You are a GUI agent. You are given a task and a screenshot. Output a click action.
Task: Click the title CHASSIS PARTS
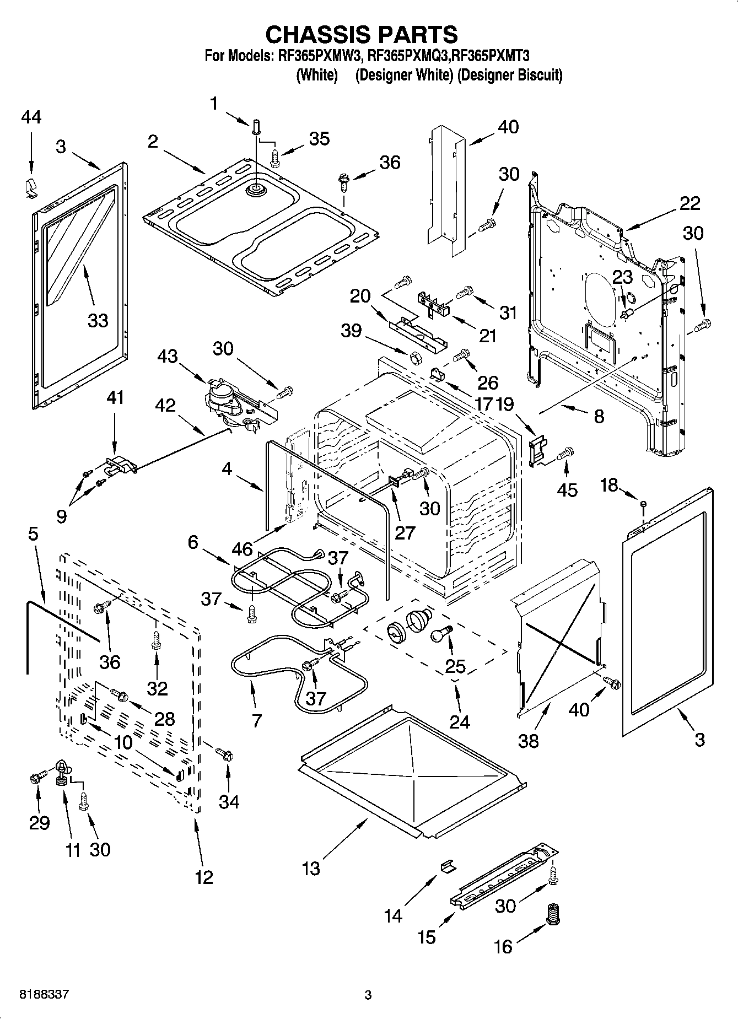pyautogui.click(x=362, y=34)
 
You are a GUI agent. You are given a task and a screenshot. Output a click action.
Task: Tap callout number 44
pyautogui.click(x=31, y=118)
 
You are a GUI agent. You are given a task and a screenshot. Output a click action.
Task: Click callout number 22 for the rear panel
pyautogui.click(x=689, y=203)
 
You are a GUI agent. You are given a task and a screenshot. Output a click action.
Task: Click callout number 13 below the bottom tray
pyautogui.click(x=311, y=869)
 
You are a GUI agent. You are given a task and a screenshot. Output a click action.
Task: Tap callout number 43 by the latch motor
pyautogui.click(x=168, y=357)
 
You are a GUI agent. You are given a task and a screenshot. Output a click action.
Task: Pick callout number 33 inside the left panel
pyautogui.click(x=98, y=320)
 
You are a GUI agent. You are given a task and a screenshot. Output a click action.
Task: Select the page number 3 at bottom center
pyautogui.click(x=368, y=995)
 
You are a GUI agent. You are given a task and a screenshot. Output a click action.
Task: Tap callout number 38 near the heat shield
pyautogui.click(x=528, y=741)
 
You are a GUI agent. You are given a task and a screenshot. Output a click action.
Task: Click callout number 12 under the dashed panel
pyautogui.click(x=204, y=877)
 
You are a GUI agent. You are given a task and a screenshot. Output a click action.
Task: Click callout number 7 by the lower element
pyautogui.click(x=256, y=720)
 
